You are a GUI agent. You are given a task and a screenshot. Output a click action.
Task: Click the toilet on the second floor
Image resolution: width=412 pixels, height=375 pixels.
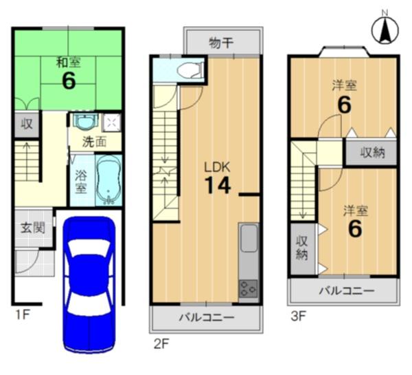[x=190, y=70]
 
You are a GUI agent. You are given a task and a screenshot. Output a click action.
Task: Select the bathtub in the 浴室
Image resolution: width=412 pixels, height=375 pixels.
[x=108, y=180]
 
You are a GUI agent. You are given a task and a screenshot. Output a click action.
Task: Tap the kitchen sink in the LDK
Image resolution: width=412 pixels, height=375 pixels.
[x=249, y=238]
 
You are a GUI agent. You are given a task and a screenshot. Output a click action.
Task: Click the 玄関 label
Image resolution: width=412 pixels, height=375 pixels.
[x=33, y=228]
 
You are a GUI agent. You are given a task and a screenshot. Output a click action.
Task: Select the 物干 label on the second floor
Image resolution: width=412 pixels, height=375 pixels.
[x=221, y=43]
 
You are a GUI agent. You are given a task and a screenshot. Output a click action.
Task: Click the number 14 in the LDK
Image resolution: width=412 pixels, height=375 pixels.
[x=218, y=185]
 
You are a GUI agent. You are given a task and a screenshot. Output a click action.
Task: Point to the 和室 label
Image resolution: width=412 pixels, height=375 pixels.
[x=69, y=63]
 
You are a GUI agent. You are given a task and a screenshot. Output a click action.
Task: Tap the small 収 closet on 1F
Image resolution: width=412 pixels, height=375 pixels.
[x=27, y=124]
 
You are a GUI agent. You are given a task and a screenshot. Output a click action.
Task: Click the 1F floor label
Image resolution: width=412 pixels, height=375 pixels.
[x=23, y=314]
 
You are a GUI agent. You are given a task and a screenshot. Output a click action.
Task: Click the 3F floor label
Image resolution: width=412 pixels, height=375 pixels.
[x=299, y=316]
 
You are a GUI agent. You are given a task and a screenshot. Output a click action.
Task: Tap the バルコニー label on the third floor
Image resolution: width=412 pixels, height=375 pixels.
[x=347, y=291]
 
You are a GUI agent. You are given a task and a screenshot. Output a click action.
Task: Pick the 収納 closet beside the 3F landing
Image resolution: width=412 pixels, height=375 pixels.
[x=371, y=153]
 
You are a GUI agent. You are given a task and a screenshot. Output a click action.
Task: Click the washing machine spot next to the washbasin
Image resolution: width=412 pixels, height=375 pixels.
[x=111, y=122]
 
